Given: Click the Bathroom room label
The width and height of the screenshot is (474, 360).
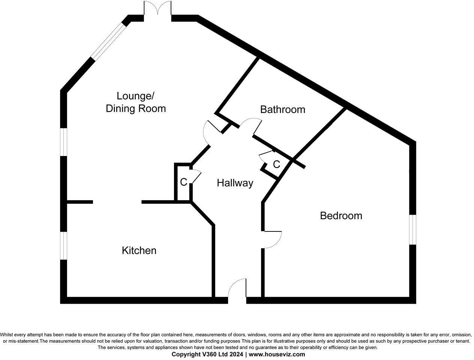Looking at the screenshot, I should tap(282, 109).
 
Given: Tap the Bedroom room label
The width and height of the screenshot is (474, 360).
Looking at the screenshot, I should tap(341, 216).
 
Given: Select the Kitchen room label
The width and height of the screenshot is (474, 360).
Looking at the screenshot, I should tap(139, 250).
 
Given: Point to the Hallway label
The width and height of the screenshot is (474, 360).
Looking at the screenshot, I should tap(235, 183).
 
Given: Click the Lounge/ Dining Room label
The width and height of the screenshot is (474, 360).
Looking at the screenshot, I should tap(135, 102).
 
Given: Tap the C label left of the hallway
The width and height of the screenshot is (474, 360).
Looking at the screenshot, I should tap(183, 182).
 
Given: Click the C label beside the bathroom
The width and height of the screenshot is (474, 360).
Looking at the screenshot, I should tap(276, 164).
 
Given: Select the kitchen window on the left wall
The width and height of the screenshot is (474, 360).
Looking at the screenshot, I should tap(64, 246).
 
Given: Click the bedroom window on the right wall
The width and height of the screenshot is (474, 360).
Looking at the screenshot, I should tap(412, 229).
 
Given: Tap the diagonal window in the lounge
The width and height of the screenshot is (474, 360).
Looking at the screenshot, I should tap(108, 41).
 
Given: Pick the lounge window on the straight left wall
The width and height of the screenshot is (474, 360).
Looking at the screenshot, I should tap(64, 142).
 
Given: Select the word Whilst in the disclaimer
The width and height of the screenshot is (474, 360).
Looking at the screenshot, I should tap(7, 335).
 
